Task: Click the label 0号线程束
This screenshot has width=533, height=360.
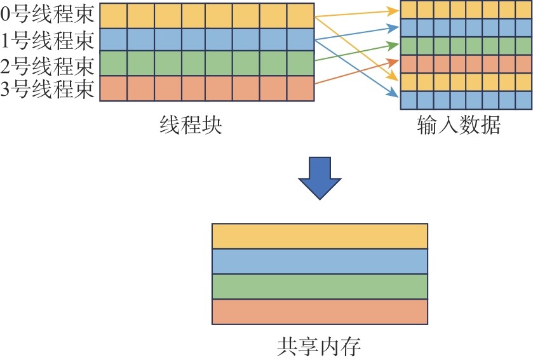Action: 49,15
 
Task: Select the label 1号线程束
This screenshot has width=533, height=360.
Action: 49,40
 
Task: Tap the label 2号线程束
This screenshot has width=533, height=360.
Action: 49,64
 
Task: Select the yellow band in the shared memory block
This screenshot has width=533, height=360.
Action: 320,236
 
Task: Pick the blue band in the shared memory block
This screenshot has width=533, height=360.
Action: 320,261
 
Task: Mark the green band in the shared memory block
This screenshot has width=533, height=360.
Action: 320,286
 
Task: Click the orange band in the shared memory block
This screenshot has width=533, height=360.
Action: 320,312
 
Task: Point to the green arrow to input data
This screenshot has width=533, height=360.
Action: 356,53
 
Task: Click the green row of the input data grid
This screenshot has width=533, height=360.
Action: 465,46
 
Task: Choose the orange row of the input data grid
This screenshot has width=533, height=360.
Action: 465,64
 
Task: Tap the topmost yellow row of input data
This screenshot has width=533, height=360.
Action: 465,10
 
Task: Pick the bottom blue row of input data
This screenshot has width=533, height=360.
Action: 465,100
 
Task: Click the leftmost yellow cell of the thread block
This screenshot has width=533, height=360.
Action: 114,15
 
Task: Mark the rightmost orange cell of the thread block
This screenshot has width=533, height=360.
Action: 300,88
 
